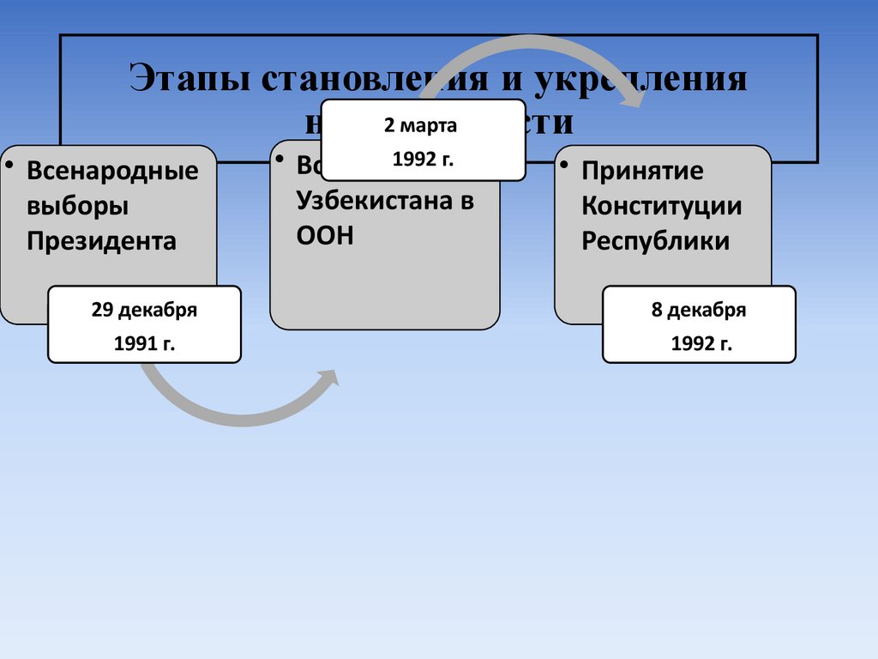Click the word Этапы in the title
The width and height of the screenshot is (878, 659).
click(x=188, y=79)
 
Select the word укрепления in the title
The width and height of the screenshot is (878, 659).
click(x=641, y=79)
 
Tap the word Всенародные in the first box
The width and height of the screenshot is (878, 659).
click(x=112, y=171)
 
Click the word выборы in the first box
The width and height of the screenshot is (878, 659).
click(x=77, y=206)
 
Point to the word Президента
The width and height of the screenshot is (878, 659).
click(x=101, y=241)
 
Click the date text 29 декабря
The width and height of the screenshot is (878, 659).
click(x=144, y=311)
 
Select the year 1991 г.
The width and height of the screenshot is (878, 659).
click(x=144, y=343)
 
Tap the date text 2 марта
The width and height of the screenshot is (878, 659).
click(x=420, y=126)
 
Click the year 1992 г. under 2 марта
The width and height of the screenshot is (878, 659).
click(x=422, y=160)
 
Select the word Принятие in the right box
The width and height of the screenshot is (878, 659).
click(x=642, y=171)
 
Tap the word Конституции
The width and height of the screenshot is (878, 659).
click(x=662, y=206)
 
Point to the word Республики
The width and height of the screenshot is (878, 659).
click(x=656, y=241)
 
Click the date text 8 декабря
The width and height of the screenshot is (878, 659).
click(x=699, y=311)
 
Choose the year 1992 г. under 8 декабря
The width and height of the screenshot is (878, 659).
click(x=701, y=343)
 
